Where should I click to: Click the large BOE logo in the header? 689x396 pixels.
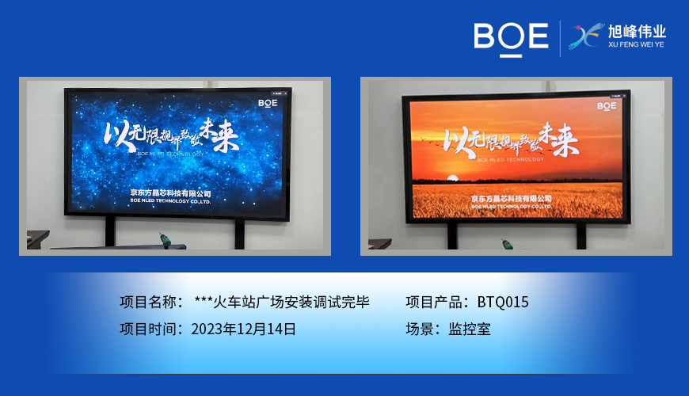[511, 37]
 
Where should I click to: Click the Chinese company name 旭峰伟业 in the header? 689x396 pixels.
[637, 32]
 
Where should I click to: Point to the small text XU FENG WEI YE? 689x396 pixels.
[637, 46]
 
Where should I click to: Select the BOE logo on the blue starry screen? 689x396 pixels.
[267, 102]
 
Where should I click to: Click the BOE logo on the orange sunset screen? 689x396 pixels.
[607, 105]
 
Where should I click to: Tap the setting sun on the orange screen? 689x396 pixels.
[452, 178]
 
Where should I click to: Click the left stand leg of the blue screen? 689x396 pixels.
[110, 230]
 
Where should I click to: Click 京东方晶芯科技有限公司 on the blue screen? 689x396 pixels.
[171, 192]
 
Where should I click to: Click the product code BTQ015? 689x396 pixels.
[503, 302]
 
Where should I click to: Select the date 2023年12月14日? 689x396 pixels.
[244, 329]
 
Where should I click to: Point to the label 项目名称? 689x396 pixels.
[148, 302]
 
